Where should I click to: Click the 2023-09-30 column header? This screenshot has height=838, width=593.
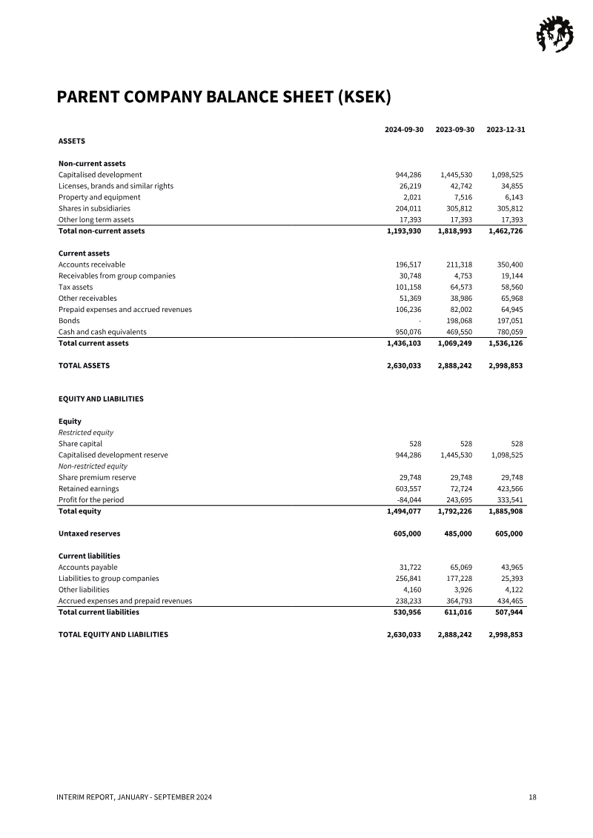[x=454, y=130]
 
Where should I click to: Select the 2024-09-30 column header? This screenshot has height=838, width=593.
[x=404, y=130]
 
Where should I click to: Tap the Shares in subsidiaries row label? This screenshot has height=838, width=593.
[x=94, y=209]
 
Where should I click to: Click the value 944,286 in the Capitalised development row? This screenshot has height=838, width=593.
[x=408, y=175]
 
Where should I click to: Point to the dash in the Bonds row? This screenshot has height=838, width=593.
[x=420, y=321]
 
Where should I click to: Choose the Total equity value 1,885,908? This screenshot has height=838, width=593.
[x=506, y=511]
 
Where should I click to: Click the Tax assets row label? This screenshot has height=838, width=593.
[x=76, y=287]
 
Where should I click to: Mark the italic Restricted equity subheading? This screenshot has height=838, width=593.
[x=85, y=433]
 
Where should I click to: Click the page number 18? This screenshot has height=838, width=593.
[x=532, y=797]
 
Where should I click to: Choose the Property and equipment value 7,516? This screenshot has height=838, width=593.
[x=463, y=198]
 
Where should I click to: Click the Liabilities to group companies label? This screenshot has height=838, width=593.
[x=108, y=579]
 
